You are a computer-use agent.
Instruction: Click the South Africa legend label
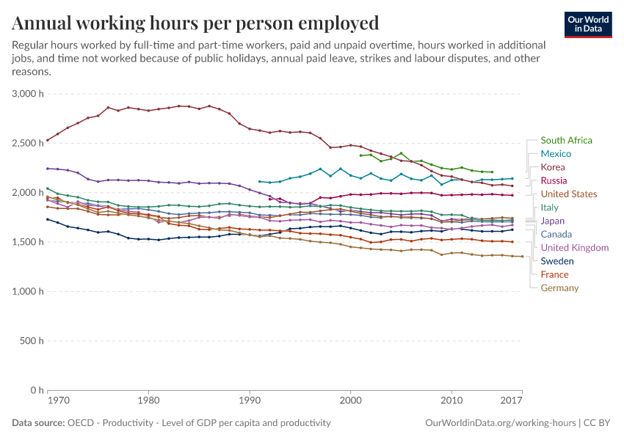(x=566, y=140)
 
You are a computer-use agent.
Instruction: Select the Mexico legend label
(x=556, y=154)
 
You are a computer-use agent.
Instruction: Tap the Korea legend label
(x=553, y=167)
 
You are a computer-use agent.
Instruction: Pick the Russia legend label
(x=554, y=180)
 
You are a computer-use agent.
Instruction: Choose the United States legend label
(x=569, y=194)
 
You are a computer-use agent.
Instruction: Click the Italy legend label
(x=549, y=208)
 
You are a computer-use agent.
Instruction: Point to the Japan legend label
(x=552, y=221)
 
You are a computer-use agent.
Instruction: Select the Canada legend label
(x=556, y=234)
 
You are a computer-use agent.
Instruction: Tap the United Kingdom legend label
(x=574, y=248)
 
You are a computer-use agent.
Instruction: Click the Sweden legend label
(x=557, y=261)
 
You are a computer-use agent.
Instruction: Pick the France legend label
(x=554, y=274)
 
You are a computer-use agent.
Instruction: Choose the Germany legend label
(x=559, y=288)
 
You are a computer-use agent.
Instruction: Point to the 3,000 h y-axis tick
(x=29, y=94)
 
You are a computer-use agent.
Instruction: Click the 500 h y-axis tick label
(x=32, y=341)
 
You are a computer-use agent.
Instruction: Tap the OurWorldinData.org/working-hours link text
(x=498, y=423)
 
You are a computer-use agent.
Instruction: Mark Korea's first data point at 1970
(x=48, y=140)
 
